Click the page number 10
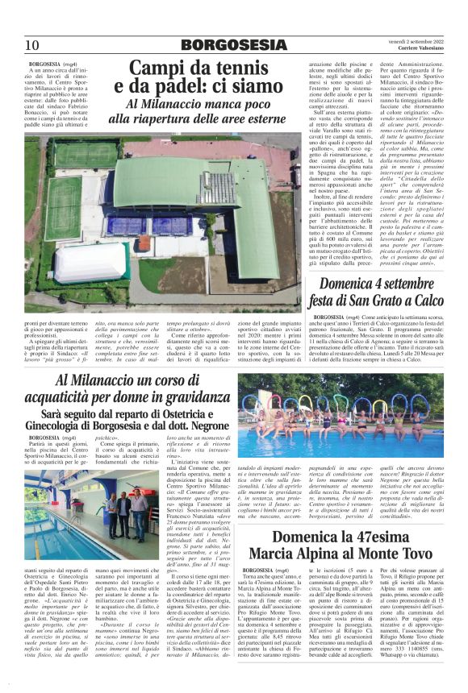(x=32, y=44)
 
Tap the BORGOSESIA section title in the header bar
(x=234, y=44)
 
